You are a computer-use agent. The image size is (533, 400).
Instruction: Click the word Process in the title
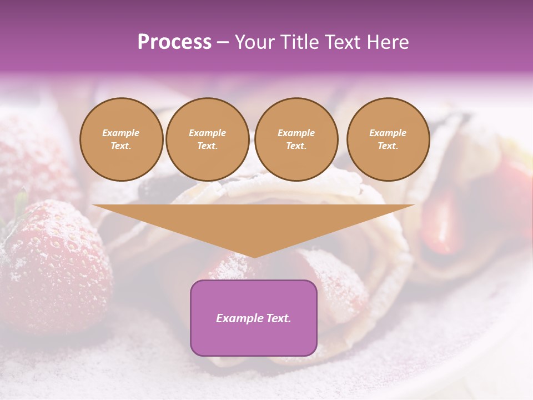(174, 42)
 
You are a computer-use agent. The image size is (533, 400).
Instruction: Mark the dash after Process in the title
(223, 43)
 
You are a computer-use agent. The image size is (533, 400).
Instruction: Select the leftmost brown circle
(121, 139)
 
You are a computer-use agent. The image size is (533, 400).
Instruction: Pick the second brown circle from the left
(207, 139)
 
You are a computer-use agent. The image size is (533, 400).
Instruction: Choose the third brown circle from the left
(296, 139)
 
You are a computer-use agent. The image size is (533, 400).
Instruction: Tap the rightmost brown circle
(388, 139)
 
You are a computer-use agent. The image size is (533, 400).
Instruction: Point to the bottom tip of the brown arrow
(254, 256)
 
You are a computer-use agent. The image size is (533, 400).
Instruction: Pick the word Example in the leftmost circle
(121, 133)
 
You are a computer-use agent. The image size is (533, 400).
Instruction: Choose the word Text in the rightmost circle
(388, 146)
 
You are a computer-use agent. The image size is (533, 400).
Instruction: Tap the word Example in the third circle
(296, 133)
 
